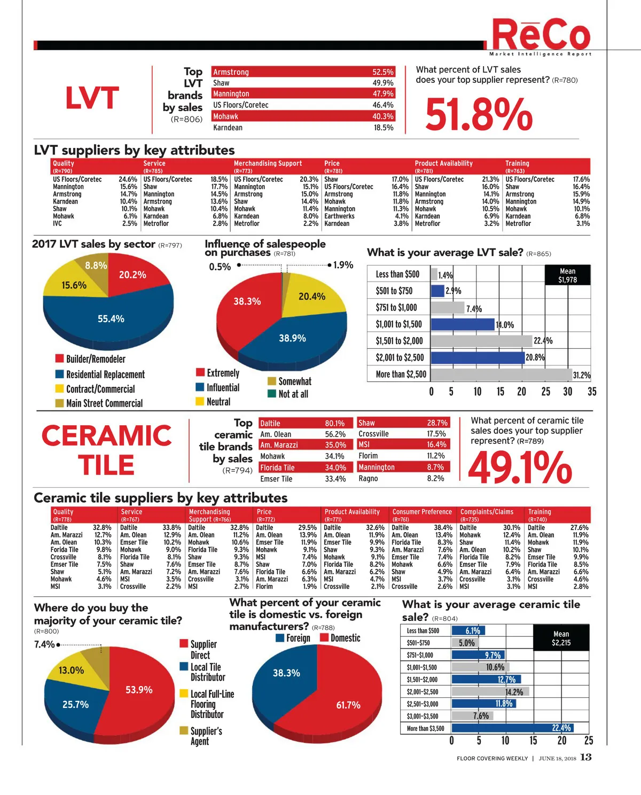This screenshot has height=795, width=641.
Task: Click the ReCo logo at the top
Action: click(x=541, y=35)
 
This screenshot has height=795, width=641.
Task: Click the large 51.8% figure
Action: click(x=479, y=114)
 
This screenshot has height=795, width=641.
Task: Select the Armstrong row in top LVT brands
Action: click(x=303, y=72)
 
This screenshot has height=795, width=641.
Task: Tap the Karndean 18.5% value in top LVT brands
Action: click(x=384, y=128)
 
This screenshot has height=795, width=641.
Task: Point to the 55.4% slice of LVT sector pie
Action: click(x=111, y=318)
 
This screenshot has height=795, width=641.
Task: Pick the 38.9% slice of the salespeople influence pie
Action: click(x=292, y=338)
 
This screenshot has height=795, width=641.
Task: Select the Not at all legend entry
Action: click(x=288, y=394)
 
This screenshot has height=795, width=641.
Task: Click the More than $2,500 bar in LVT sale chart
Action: click(x=501, y=375)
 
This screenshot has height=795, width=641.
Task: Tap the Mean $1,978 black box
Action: click(x=567, y=275)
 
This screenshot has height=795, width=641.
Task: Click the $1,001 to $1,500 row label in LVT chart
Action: click(x=398, y=324)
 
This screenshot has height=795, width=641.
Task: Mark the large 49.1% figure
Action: click(x=520, y=466)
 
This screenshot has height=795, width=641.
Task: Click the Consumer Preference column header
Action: click(x=422, y=512)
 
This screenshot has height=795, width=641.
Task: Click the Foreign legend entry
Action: click(x=293, y=638)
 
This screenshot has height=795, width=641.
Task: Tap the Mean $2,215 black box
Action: click(x=561, y=638)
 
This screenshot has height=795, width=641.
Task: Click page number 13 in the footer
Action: click(x=585, y=757)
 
